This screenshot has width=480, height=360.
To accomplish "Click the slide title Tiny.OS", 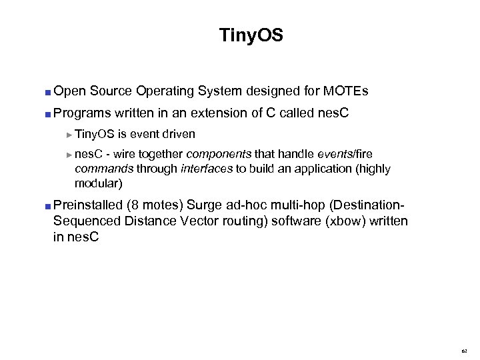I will coord(251,35).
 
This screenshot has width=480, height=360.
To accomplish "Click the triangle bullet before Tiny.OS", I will coord(71,135).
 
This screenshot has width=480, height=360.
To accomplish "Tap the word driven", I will coord(178,134).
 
